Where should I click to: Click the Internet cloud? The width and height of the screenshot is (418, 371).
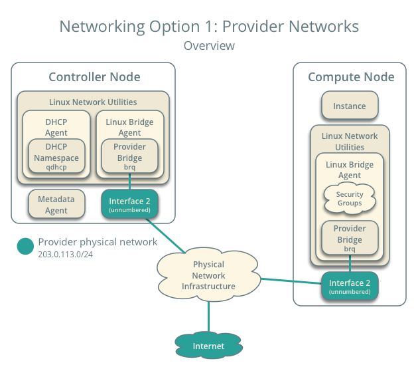(x=208, y=346)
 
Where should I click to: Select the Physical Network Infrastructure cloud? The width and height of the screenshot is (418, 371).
(x=208, y=275)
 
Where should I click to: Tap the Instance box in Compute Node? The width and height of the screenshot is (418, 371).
(x=349, y=106)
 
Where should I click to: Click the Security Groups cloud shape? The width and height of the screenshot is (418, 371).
(x=349, y=199)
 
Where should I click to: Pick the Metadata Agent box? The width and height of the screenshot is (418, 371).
(x=56, y=205)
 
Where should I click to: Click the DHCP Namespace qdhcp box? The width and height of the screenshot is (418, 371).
(x=56, y=158)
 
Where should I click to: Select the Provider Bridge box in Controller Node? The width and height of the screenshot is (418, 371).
(x=129, y=158)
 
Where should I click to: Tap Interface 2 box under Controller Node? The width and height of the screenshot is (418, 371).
(x=130, y=205)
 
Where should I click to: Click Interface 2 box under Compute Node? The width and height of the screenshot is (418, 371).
(x=349, y=287)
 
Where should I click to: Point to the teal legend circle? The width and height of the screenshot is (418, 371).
(x=25, y=247)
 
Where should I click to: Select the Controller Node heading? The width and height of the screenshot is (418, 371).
(x=94, y=77)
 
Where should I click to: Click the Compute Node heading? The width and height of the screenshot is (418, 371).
(x=350, y=77)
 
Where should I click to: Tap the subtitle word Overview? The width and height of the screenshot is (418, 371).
(x=208, y=46)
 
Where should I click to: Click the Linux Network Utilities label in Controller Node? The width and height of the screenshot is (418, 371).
(x=93, y=102)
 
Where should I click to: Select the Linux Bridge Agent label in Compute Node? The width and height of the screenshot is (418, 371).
(x=349, y=170)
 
